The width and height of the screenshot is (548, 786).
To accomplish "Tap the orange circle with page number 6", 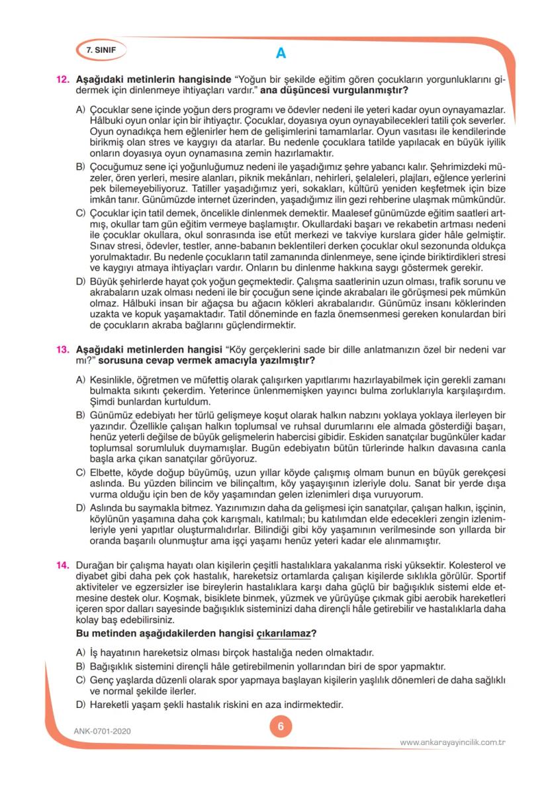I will point(281,726).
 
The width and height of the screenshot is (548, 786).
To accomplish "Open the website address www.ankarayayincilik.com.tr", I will point(453,742).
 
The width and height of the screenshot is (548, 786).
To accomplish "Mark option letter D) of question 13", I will point(81,507).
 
